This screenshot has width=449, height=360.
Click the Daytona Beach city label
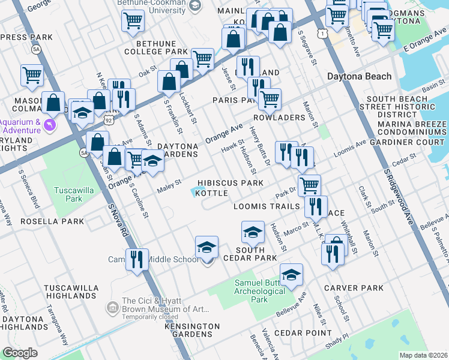(x=360, y=76)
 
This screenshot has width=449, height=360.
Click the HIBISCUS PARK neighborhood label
(x=232, y=182)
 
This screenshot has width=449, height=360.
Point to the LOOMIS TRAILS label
(x=267, y=206)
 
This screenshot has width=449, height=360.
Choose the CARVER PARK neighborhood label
(x=354, y=288)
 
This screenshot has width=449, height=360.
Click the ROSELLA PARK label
(x=52, y=221)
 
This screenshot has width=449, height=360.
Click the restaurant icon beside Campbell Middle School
(x=137, y=259)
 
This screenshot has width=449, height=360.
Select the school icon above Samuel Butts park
(x=291, y=274)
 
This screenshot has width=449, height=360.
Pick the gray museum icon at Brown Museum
(x=112, y=307)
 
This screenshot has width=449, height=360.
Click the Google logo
(x=20, y=353)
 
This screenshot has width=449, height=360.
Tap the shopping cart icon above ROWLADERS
(x=270, y=99)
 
